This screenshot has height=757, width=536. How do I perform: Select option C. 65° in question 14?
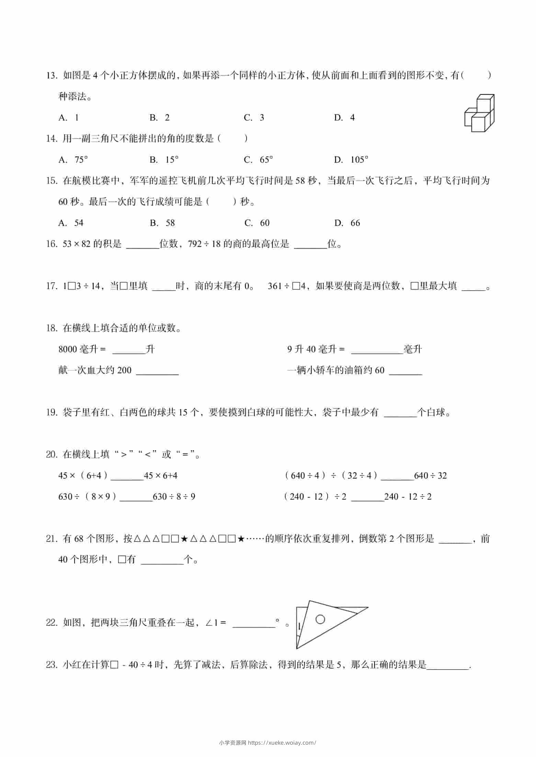pyautogui.click(x=258, y=160)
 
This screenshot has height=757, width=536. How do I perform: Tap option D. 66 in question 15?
pyautogui.click(x=347, y=223)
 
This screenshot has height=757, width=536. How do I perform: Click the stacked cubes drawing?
pyautogui.click(x=479, y=113)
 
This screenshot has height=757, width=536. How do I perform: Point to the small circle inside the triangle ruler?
pyautogui.click(x=320, y=619)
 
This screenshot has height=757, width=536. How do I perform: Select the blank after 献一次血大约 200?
pyautogui.click(x=157, y=371)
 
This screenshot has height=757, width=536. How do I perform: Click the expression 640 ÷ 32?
pyautogui.click(x=430, y=476)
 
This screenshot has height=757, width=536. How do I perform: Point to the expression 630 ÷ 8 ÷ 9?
pyautogui.click(x=174, y=497)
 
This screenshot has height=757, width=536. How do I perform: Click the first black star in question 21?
pyautogui.click(x=184, y=539)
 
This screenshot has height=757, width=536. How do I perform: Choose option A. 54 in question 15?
pyautogui.click(x=71, y=223)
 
